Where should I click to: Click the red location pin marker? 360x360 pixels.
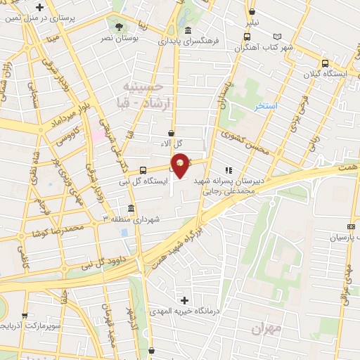(x=181, y=165)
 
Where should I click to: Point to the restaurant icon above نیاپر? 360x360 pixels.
(x=252, y=11)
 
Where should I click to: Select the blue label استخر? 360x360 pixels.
(x=266, y=106)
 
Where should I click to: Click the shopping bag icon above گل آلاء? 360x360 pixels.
(x=171, y=132)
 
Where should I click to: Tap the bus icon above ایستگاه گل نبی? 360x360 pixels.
(x=143, y=169)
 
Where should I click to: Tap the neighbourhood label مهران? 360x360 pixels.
(x=266, y=328)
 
